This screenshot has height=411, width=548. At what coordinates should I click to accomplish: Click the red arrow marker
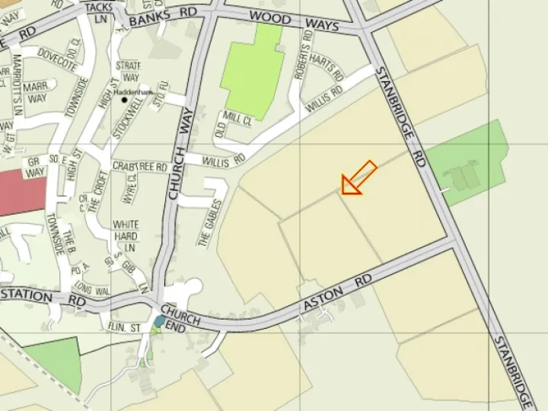click(x=358, y=179)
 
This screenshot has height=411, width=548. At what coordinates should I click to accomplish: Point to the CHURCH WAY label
click(x=181, y=152)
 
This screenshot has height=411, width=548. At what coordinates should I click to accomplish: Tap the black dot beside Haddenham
click(x=123, y=99)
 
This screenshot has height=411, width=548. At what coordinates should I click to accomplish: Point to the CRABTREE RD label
click(x=139, y=166)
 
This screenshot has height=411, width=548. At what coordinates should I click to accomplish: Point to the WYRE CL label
click(x=129, y=188)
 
